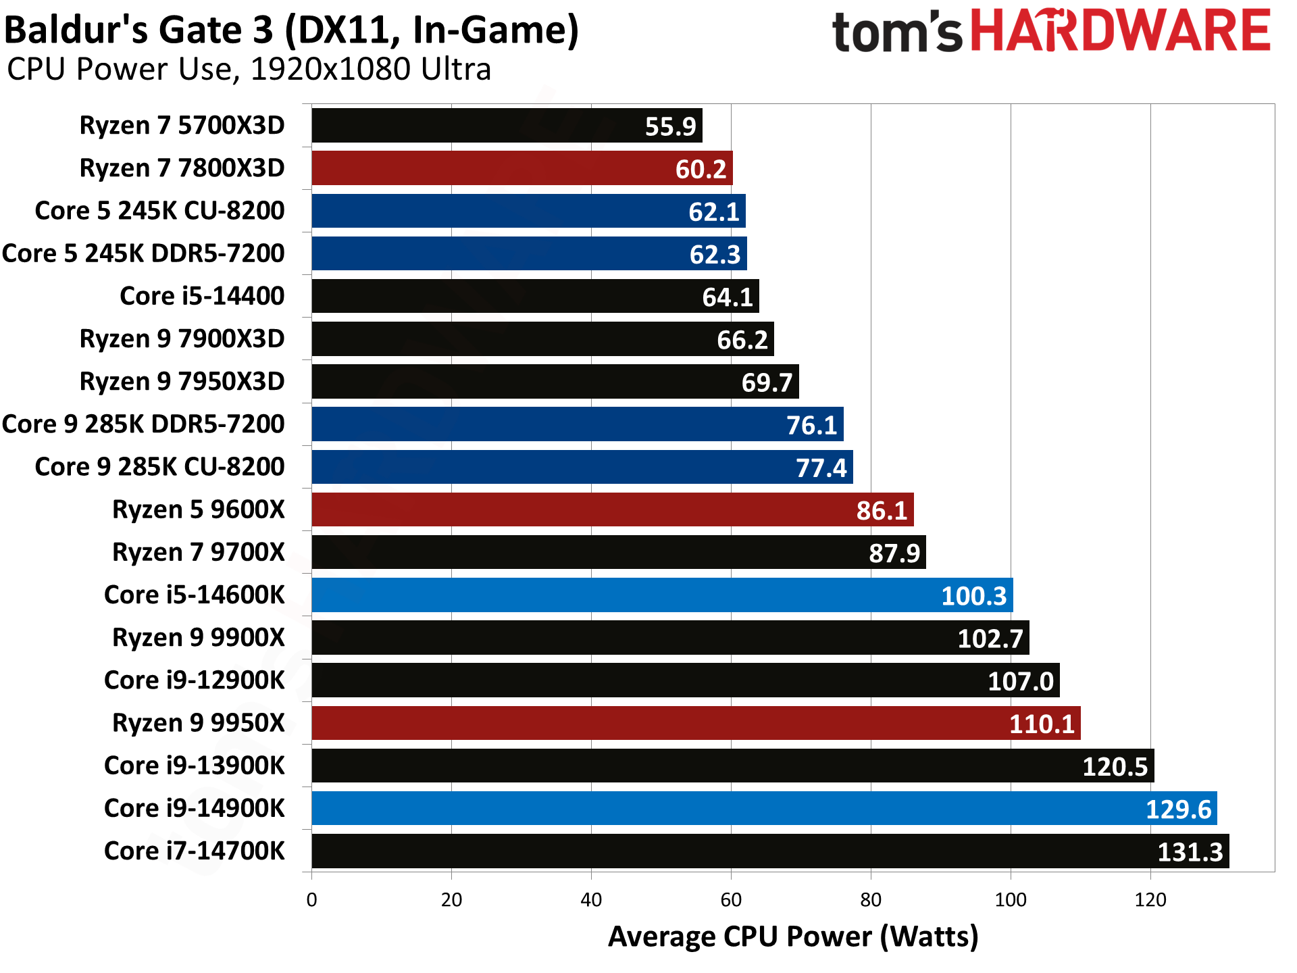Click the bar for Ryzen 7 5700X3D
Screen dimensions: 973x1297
coord(507,126)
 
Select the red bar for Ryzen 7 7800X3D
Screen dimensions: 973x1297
coord(522,168)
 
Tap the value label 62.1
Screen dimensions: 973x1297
coord(714,212)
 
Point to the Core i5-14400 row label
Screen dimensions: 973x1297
coord(202,296)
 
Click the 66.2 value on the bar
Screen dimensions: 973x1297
coord(742,340)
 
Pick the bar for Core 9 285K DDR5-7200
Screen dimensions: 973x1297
coord(577,424)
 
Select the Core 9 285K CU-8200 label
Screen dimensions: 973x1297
coord(159,467)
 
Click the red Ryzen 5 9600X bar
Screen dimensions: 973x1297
coord(612,509)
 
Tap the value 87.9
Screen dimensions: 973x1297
coord(894,553)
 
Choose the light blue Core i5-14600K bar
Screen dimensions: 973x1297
coord(662,595)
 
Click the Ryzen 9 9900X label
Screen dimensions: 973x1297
coord(199,638)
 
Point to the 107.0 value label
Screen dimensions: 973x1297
coord(1020,681)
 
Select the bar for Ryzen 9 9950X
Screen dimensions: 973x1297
coord(696,723)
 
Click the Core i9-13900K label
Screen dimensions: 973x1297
coord(195,766)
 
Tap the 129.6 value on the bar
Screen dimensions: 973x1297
coord(1178,809)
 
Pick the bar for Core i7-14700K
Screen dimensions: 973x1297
coord(770,851)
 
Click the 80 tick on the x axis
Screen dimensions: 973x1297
coord(871,900)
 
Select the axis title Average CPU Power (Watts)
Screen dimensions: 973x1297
coord(793,937)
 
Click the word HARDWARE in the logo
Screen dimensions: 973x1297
coord(1121,31)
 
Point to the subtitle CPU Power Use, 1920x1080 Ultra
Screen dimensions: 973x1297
coord(249,70)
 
